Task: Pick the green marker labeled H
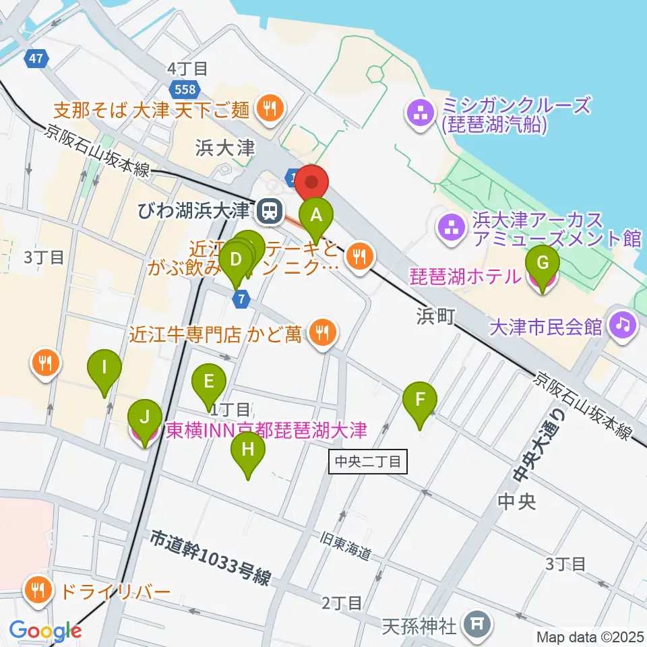pos(248,451)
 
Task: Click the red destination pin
pos(311,183)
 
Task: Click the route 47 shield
pos(36,59)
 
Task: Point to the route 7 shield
pos(242,299)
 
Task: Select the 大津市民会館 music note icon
pos(622,326)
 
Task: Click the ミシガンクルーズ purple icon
pos(421,114)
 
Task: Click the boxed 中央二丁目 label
pos(367,462)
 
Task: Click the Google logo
pos(45,631)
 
